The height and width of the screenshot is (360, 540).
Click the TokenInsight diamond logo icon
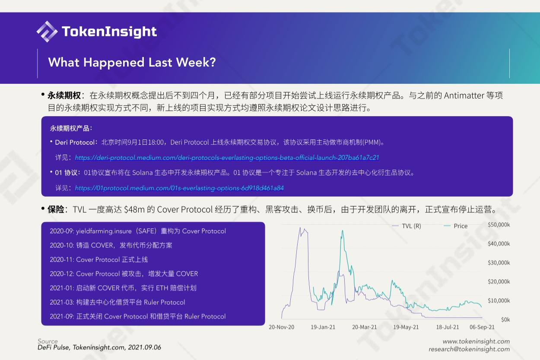(x=47, y=32)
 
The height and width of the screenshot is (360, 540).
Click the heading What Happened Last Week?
(x=132, y=63)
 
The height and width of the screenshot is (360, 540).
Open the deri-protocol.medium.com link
(x=227, y=158)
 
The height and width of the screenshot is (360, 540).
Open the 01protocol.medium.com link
(x=179, y=188)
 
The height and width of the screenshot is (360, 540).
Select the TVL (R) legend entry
(x=407, y=226)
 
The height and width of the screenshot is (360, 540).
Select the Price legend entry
(x=456, y=226)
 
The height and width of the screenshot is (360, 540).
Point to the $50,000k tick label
(x=499, y=225)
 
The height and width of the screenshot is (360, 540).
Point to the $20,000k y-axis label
(x=499, y=282)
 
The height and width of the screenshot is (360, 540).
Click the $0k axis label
(x=505, y=320)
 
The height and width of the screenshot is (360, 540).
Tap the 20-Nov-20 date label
(x=281, y=327)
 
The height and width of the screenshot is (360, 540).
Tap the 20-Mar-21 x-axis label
(x=364, y=327)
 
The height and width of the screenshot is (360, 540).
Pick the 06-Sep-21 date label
(x=482, y=327)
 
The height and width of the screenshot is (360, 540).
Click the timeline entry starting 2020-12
(x=124, y=274)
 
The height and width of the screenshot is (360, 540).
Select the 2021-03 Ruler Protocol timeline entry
(x=118, y=303)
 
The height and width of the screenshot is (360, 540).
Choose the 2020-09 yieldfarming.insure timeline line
(x=138, y=231)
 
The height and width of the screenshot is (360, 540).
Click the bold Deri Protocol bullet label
(x=75, y=143)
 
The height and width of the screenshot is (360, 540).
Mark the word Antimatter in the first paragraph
(x=464, y=96)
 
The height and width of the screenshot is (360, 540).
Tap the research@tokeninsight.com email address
(x=469, y=349)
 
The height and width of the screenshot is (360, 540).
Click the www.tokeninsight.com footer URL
(x=476, y=341)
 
